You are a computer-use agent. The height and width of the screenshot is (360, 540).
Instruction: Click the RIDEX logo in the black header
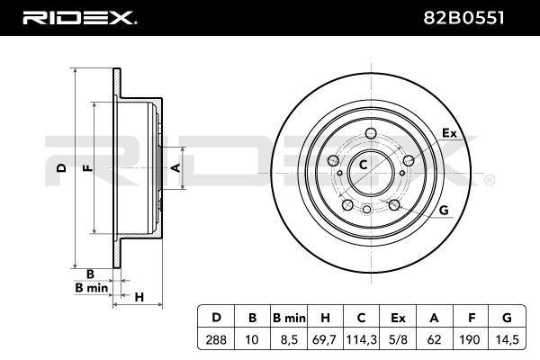click(79, 18)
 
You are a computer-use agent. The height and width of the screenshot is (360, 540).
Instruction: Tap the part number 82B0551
click(463, 18)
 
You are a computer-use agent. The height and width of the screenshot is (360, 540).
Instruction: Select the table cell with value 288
click(216, 340)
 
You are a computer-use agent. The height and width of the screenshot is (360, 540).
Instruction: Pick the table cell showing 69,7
click(324, 340)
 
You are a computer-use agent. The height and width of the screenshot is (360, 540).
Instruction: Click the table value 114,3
click(361, 340)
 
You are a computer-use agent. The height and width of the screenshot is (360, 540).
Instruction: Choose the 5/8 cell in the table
click(398, 340)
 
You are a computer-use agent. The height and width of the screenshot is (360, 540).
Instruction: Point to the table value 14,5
click(507, 340)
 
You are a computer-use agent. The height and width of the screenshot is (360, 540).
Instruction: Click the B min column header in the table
click(289, 318)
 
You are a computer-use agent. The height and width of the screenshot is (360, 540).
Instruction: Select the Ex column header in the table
click(398, 318)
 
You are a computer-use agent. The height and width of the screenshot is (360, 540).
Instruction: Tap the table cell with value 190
click(470, 340)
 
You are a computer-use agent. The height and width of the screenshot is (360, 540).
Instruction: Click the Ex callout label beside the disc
click(449, 133)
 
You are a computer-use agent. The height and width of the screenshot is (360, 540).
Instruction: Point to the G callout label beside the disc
click(445, 210)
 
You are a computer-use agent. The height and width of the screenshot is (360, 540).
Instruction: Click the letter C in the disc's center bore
click(363, 166)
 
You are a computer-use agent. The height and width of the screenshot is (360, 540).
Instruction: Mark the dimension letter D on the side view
click(61, 168)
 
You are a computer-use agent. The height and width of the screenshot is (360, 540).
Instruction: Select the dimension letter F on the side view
click(89, 168)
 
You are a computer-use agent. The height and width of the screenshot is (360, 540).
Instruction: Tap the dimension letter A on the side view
click(175, 168)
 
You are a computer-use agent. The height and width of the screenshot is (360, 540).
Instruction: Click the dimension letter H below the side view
click(139, 297)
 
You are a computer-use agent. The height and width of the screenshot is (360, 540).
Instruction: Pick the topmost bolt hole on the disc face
click(371, 133)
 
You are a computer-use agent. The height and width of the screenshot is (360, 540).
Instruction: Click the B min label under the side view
click(92, 288)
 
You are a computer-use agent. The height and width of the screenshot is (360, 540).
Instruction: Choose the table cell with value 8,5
click(289, 340)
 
